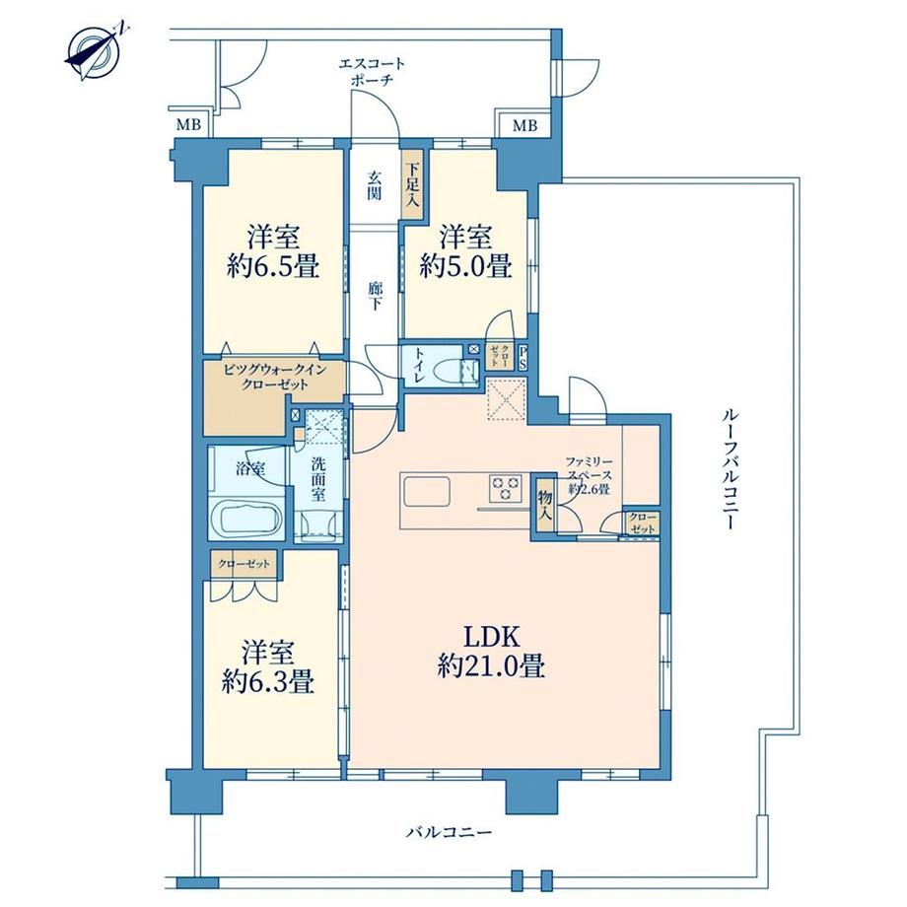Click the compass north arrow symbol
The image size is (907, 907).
tap(93, 52)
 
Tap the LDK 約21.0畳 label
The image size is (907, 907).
tap(491, 652)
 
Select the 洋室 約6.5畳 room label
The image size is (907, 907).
tap(273, 252)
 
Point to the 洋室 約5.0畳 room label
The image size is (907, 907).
tap(465, 252)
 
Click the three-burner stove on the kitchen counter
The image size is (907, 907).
tap(506, 488)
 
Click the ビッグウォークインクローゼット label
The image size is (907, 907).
tap(275, 377)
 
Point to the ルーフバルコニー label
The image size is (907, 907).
tap(729, 468)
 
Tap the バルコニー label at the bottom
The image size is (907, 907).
tap(449, 833)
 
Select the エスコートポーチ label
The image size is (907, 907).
tap(371, 71)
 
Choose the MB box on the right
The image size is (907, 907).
tap(523, 125)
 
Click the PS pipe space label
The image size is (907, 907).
tap(523, 358)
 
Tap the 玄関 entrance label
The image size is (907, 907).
tap(375, 185)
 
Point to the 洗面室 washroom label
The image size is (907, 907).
tap(318, 479)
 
